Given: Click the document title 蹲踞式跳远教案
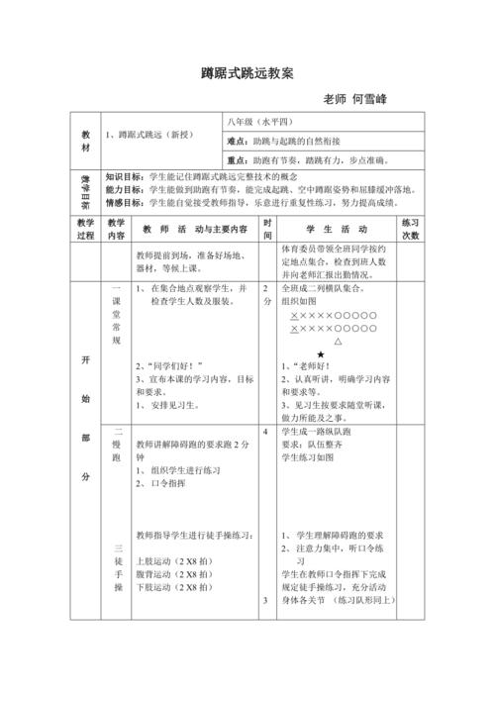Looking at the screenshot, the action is [247, 73].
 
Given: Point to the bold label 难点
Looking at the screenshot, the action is [238, 142].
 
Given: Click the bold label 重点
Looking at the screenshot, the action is [238, 159].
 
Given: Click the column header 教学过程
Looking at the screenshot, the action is [84, 230].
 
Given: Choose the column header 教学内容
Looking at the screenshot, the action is [116, 230].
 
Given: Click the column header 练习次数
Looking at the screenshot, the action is [411, 230].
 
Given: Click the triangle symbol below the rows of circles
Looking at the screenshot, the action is [339, 340].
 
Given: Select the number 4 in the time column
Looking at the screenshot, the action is [265, 433].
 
